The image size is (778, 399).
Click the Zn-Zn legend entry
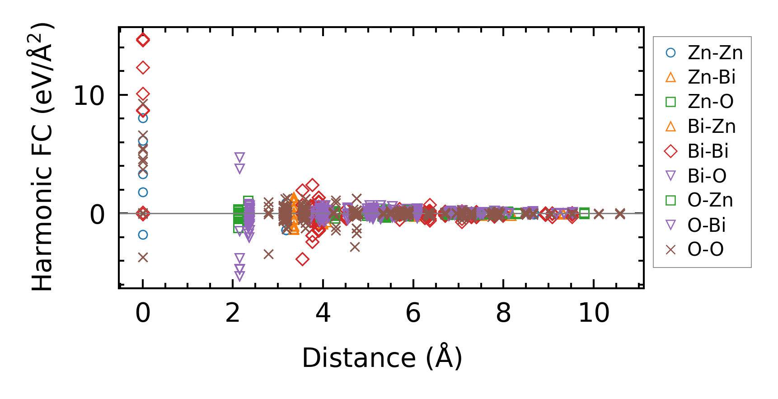[715, 53]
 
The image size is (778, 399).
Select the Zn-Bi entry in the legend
[711, 77]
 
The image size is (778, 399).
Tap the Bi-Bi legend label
[708, 151]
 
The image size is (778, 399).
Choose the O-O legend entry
[705, 249]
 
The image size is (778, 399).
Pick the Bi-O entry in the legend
[707, 176]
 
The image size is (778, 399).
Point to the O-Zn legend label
[710, 200]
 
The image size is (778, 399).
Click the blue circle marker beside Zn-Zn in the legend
[671, 53]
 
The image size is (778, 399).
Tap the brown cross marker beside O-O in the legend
[671, 249]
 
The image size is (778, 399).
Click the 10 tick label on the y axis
[89, 96]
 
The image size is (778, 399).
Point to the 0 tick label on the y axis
[97, 215]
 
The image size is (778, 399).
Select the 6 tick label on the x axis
[413, 313]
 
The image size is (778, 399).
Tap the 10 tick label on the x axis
[594, 313]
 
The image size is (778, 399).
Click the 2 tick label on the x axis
[233, 313]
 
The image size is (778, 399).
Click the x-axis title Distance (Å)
[382, 358]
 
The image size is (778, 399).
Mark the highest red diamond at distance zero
[143, 40]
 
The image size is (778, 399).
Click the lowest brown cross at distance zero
[143, 257]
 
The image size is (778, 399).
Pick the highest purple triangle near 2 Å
[239, 157]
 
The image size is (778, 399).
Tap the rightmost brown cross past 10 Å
[620, 214]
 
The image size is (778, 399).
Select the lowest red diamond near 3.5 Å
[302, 259]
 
